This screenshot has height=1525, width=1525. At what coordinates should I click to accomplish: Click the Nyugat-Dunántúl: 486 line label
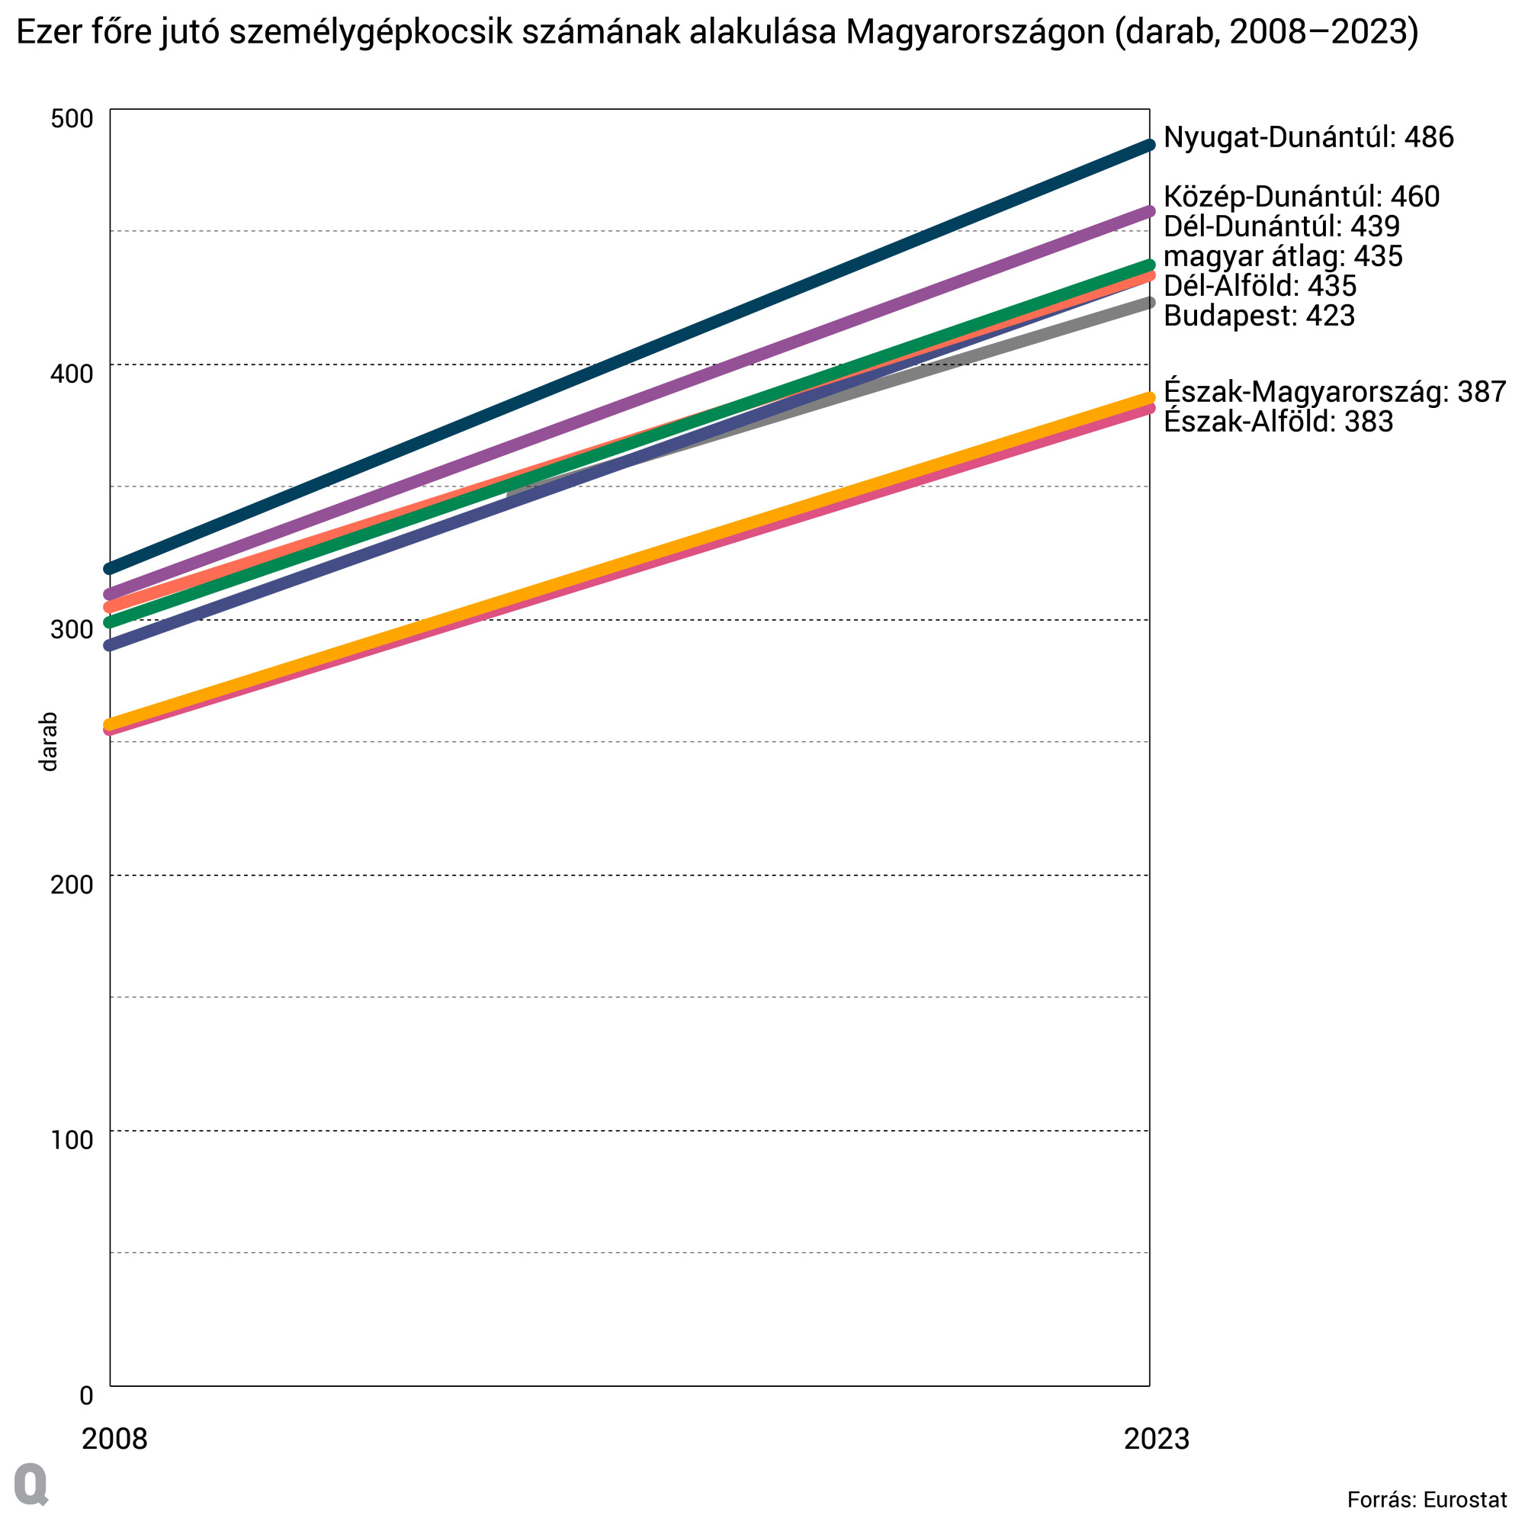(1308, 137)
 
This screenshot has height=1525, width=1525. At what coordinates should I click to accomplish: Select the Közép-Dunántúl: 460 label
(1301, 197)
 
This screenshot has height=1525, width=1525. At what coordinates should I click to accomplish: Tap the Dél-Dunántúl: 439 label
(1281, 226)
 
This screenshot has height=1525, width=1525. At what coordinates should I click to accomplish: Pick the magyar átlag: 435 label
(1283, 255)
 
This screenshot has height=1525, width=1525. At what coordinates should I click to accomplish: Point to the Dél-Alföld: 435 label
(1260, 286)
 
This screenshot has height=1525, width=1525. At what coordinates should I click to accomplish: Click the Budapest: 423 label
(1259, 316)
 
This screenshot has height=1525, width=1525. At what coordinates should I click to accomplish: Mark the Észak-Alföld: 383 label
(1278, 422)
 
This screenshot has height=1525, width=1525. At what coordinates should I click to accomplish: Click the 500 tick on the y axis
(72, 119)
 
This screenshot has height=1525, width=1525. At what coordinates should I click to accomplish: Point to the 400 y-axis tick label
(72, 374)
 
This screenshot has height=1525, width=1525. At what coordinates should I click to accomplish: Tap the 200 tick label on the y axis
(72, 884)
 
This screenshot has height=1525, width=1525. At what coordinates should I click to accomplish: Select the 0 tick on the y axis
(86, 1395)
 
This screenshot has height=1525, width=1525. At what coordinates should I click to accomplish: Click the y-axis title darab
(49, 742)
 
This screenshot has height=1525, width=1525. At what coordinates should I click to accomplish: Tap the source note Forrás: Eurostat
(1427, 1500)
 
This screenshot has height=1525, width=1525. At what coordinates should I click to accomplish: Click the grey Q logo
(31, 1485)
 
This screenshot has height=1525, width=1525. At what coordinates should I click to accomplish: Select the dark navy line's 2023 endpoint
(1149, 145)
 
